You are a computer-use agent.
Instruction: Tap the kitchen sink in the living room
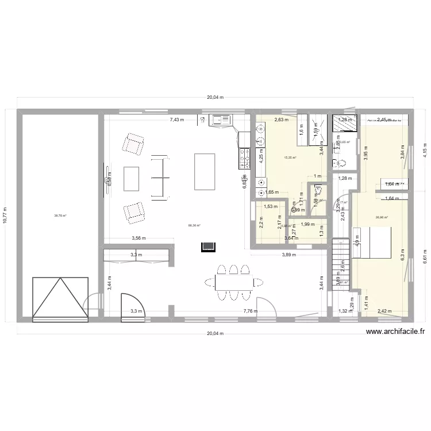(222, 120)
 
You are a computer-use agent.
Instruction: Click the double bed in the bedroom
(374, 243)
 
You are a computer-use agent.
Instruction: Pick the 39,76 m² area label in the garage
(60, 216)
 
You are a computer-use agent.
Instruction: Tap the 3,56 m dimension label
(136, 238)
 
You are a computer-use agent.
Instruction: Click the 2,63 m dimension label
(281, 120)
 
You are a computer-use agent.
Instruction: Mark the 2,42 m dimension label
(384, 311)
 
